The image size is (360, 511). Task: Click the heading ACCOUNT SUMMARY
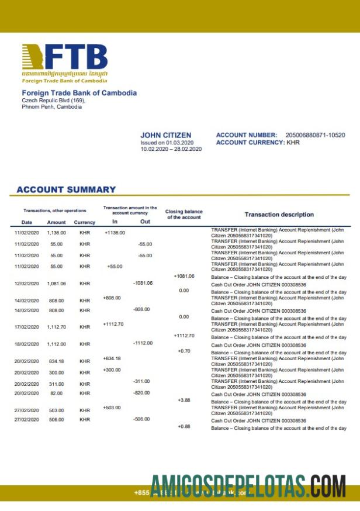[x=66, y=189]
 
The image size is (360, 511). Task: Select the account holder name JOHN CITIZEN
[x=165, y=135]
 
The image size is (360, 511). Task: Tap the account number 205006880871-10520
[x=315, y=135]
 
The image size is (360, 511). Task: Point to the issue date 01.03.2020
[x=179, y=142]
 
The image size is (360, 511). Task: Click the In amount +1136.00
[x=115, y=233]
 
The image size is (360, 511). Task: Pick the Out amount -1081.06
[x=143, y=283]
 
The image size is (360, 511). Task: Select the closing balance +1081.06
[x=184, y=276]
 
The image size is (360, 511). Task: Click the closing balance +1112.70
[x=184, y=336]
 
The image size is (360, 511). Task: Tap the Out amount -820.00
[x=141, y=393]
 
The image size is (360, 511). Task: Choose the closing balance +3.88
[x=184, y=400]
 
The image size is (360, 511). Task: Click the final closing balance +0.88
[x=184, y=426]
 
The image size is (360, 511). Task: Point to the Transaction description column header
[x=279, y=215]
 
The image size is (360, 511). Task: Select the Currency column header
[x=85, y=222]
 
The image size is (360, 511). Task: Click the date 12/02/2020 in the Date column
[x=26, y=284]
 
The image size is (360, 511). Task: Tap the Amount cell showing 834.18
[x=57, y=361]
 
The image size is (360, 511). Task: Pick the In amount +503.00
[x=112, y=408]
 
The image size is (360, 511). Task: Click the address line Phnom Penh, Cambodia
[x=51, y=107]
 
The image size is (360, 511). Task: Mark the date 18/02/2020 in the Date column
[x=26, y=344]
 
